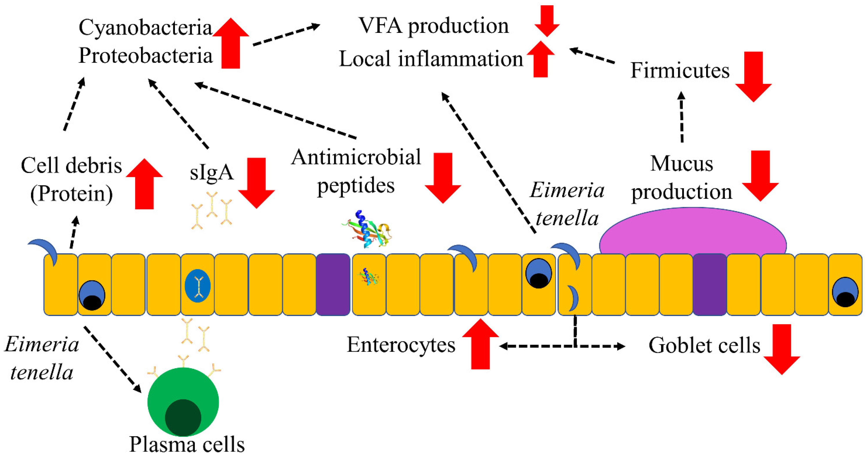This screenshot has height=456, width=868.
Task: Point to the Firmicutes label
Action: [x=680, y=71]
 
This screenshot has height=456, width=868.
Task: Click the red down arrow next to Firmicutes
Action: [x=753, y=77]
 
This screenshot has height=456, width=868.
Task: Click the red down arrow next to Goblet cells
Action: [x=782, y=349]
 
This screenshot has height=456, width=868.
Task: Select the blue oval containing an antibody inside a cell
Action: [x=197, y=286]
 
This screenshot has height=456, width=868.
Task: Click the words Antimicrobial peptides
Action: [x=356, y=171]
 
